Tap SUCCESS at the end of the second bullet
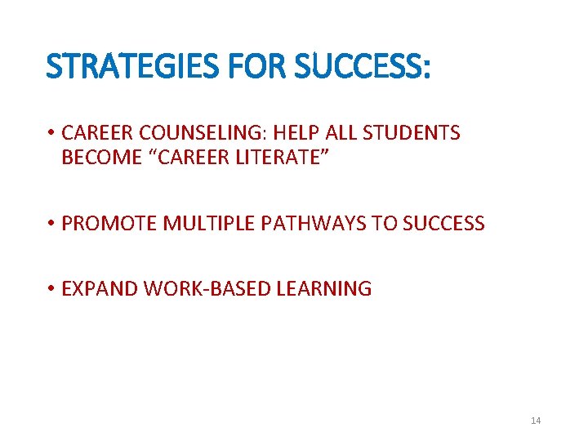[441, 223]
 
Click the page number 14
[536, 421]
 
